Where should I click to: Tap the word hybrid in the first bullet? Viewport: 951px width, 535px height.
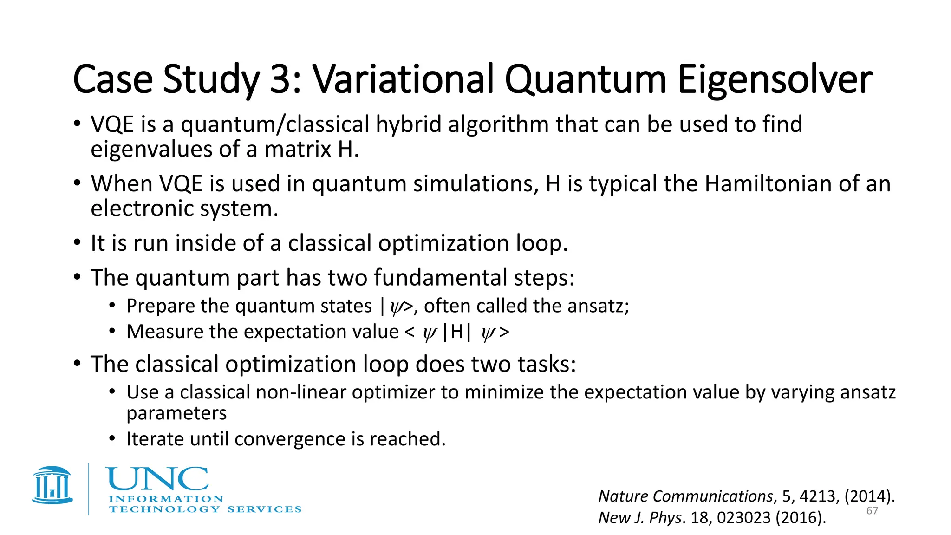408,124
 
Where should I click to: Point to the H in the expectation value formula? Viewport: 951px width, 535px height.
456,332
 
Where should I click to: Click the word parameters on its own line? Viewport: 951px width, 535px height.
176,413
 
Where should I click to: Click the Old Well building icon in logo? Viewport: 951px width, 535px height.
52,485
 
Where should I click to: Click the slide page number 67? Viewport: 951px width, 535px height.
872,511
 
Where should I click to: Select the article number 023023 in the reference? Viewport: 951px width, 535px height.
744,517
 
